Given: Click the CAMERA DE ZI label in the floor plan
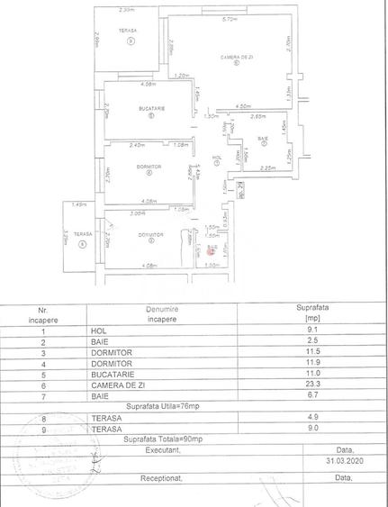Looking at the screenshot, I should [x=233, y=57].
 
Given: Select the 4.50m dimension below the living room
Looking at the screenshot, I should [x=243, y=105].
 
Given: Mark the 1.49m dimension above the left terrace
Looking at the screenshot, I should [x=79, y=205].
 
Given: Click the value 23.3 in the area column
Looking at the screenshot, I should [x=313, y=382].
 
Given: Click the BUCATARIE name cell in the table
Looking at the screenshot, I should [x=111, y=371].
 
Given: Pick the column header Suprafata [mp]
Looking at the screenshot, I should [x=313, y=312].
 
